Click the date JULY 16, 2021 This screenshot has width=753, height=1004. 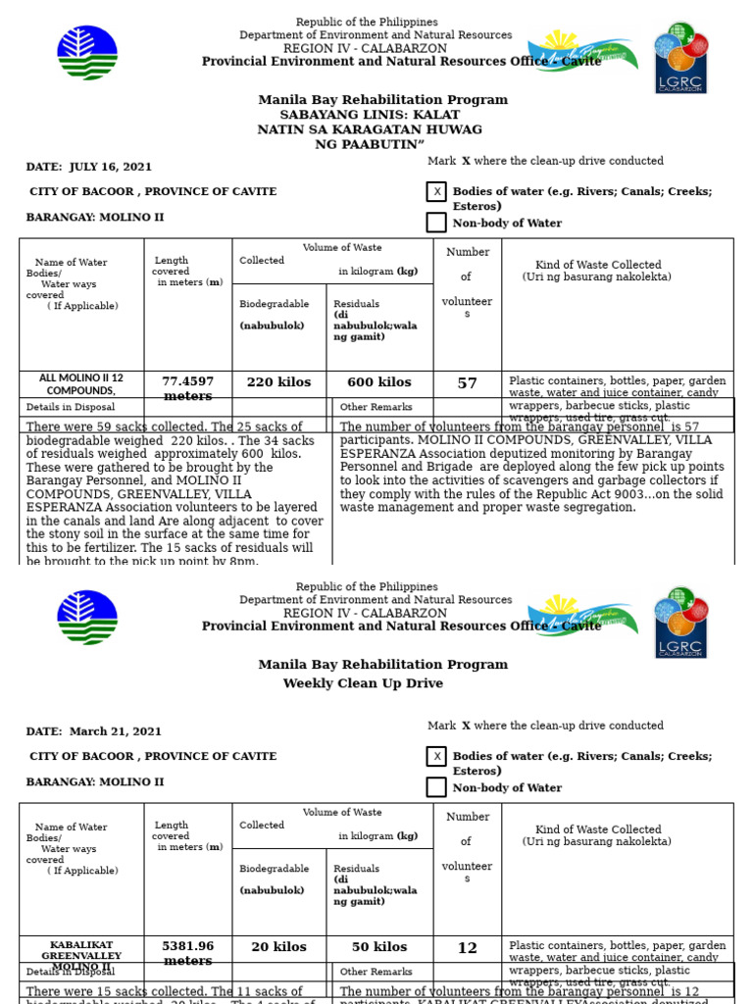(x=111, y=167)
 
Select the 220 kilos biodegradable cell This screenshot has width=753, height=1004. (x=278, y=383)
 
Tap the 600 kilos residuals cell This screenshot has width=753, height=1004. (x=379, y=383)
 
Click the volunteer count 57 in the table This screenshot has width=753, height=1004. (x=467, y=383)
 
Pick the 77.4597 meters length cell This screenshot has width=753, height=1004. (x=187, y=388)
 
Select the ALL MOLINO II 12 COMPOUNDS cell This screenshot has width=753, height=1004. (x=81, y=384)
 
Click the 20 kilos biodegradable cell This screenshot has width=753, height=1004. (x=278, y=948)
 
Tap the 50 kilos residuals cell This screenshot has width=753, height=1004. (x=379, y=948)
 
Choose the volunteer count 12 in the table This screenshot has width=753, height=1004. (x=467, y=948)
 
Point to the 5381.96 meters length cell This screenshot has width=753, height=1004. (x=187, y=953)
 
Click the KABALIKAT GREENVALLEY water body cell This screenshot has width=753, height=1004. (x=81, y=955)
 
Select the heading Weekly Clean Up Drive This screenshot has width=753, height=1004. (x=363, y=683)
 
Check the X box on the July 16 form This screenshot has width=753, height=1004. (x=436, y=192)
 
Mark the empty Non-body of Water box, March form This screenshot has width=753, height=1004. (x=436, y=787)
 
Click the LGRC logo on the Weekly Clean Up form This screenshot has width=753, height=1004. (x=680, y=622)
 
